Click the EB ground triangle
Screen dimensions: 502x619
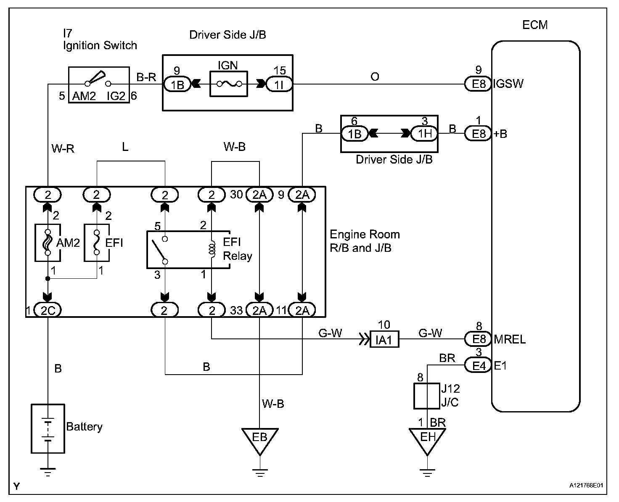(260, 438)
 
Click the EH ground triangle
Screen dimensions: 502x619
(427, 438)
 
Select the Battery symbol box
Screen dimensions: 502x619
(48, 428)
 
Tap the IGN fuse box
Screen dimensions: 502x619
(229, 84)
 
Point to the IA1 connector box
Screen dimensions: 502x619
(384, 339)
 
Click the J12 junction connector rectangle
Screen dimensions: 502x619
(427, 396)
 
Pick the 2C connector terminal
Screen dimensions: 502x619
(48, 310)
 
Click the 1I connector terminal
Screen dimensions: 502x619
(280, 84)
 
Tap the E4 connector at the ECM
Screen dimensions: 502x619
(478, 365)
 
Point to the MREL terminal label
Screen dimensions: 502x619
(510, 339)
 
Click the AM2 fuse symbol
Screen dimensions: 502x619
(48, 243)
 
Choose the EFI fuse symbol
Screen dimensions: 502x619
(97, 243)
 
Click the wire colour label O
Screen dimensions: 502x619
(375, 77)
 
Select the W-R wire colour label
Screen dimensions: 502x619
(63, 148)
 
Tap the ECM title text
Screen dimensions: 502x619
(535, 25)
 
